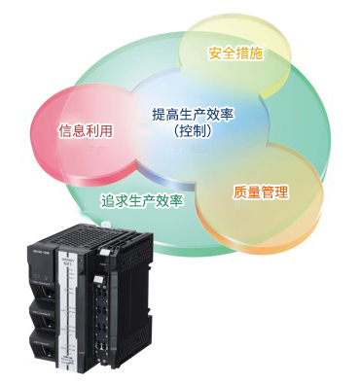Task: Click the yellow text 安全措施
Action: (235, 53)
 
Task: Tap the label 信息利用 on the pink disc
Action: (86, 130)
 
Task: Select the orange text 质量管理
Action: (261, 192)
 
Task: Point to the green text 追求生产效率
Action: (142, 201)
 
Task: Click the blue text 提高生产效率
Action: (193, 115)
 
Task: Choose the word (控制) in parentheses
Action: (193, 130)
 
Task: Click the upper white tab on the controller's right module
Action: (104, 253)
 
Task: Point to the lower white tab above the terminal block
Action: (97, 280)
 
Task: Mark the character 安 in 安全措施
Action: (215, 53)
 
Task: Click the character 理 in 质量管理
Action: (281, 192)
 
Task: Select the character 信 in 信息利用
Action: (65, 131)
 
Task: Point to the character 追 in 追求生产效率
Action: (107, 201)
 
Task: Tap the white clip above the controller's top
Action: (105, 223)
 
